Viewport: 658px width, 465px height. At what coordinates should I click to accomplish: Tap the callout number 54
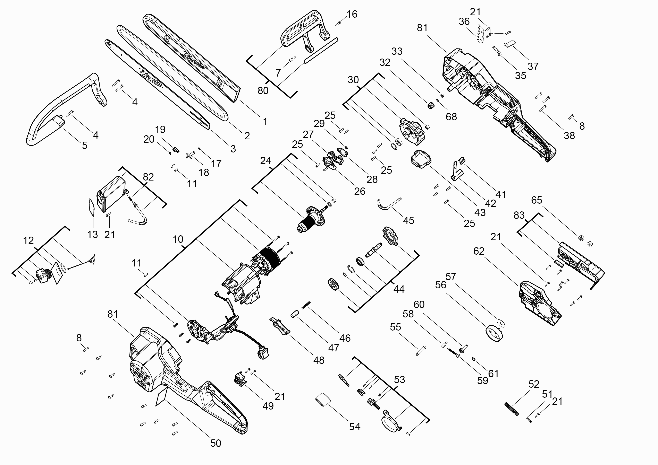pyautogui.click(x=355, y=427)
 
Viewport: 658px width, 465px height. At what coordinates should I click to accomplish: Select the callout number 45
pyautogui.click(x=408, y=220)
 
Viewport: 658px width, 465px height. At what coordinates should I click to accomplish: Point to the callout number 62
pyautogui.click(x=479, y=251)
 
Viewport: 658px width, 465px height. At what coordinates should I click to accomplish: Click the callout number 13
pyautogui.click(x=93, y=235)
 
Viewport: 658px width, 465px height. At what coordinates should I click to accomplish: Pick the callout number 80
pyautogui.click(x=263, y=90)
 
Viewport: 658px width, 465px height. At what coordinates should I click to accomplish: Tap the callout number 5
pyautogui.click(x=85, y=146)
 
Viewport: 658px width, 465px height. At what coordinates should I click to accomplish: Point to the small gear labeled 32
pyautogui.click(x=430, y=106)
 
